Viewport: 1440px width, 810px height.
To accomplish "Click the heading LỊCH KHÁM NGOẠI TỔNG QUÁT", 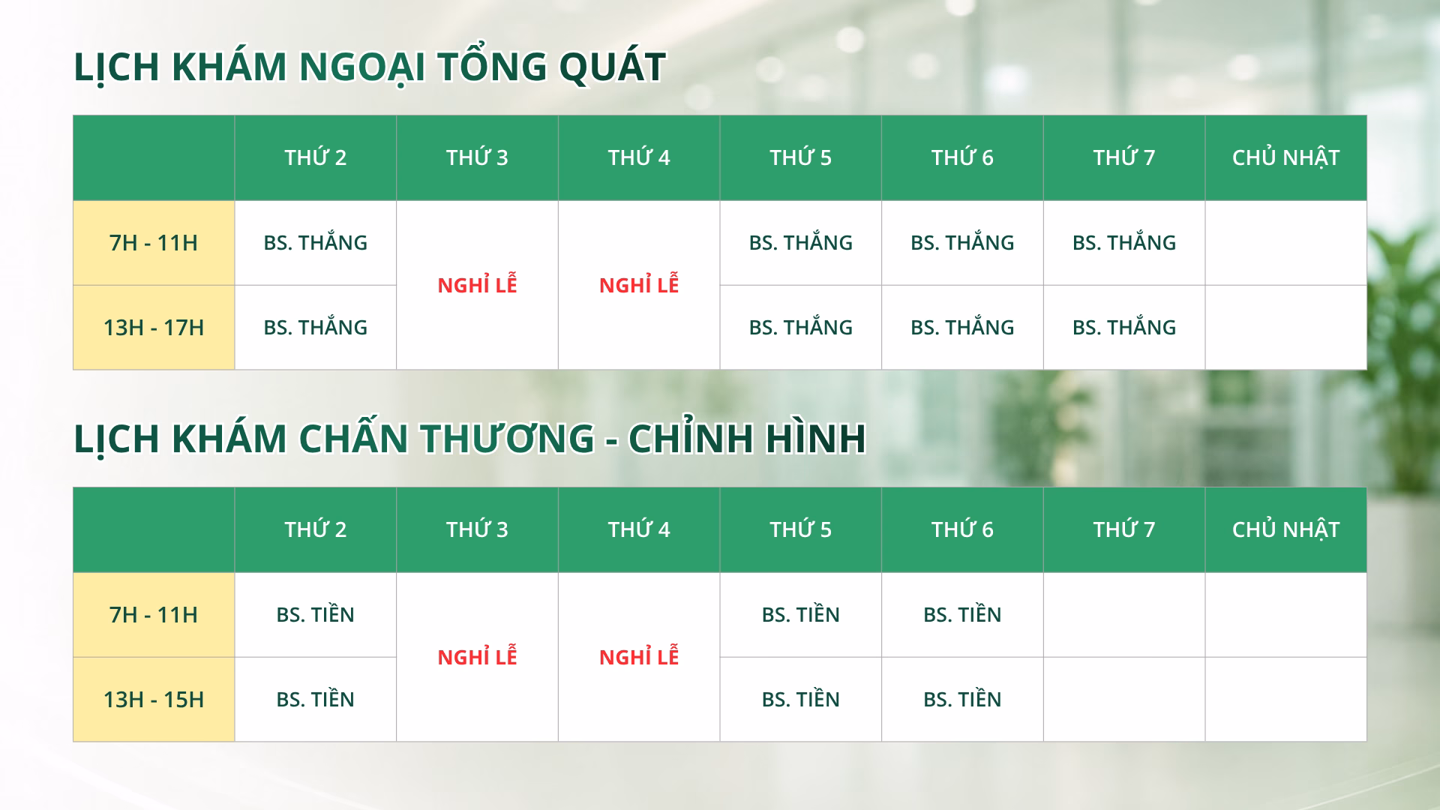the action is point(370,67).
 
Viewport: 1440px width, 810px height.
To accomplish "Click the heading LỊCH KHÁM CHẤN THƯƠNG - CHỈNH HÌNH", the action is point(470,438).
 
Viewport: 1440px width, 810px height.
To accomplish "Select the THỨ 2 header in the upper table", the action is point(316,157).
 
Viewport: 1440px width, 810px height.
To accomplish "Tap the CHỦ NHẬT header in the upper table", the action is point(1285,157).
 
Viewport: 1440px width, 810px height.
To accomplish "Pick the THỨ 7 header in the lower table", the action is point(1124,529).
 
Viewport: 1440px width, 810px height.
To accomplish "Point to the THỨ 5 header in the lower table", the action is point(801,529).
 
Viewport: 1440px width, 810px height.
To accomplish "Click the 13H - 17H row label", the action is point(154,328).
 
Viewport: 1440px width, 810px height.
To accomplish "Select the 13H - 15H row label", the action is point(154,700).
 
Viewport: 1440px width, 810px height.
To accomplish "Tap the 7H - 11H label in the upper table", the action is point(154,243).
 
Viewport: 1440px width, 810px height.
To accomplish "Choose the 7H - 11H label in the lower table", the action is point(154,615).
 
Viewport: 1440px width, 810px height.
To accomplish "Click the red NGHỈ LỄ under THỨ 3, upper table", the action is point(477,285).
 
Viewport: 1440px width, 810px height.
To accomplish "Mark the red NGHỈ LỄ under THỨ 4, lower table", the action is point(639,657).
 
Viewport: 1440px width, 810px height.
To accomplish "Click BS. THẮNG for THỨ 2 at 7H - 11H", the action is point(316,242).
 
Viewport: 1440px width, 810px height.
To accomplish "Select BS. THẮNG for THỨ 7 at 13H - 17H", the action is point(1124,327).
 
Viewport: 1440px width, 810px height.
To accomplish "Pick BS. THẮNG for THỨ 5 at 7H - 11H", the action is point(801,242).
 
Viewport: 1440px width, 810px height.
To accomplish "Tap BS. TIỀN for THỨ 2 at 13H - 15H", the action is point(316,699).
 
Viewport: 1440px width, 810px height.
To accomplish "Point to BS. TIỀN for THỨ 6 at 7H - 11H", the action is point(962,614).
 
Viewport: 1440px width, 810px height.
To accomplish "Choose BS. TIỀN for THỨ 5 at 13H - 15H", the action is point(801,699).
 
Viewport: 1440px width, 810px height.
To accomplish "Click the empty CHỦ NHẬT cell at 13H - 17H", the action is point(1285,328).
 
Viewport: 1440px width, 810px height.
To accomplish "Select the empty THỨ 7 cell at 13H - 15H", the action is point(1124,700).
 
